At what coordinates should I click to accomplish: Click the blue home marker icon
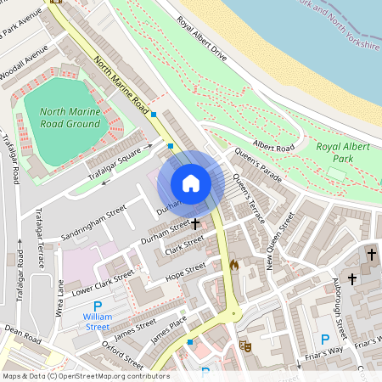tap(191, 183)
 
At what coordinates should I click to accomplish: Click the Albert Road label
tap(273, 147)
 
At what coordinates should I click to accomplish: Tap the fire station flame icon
tap(233, 265)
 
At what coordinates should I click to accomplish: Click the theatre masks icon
tap(246, 345)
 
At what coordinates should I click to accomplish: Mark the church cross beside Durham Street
tap(196, 224)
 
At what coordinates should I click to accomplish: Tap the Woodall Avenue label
tap(25, 65)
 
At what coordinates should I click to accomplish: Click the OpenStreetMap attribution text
tap(85, 376)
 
